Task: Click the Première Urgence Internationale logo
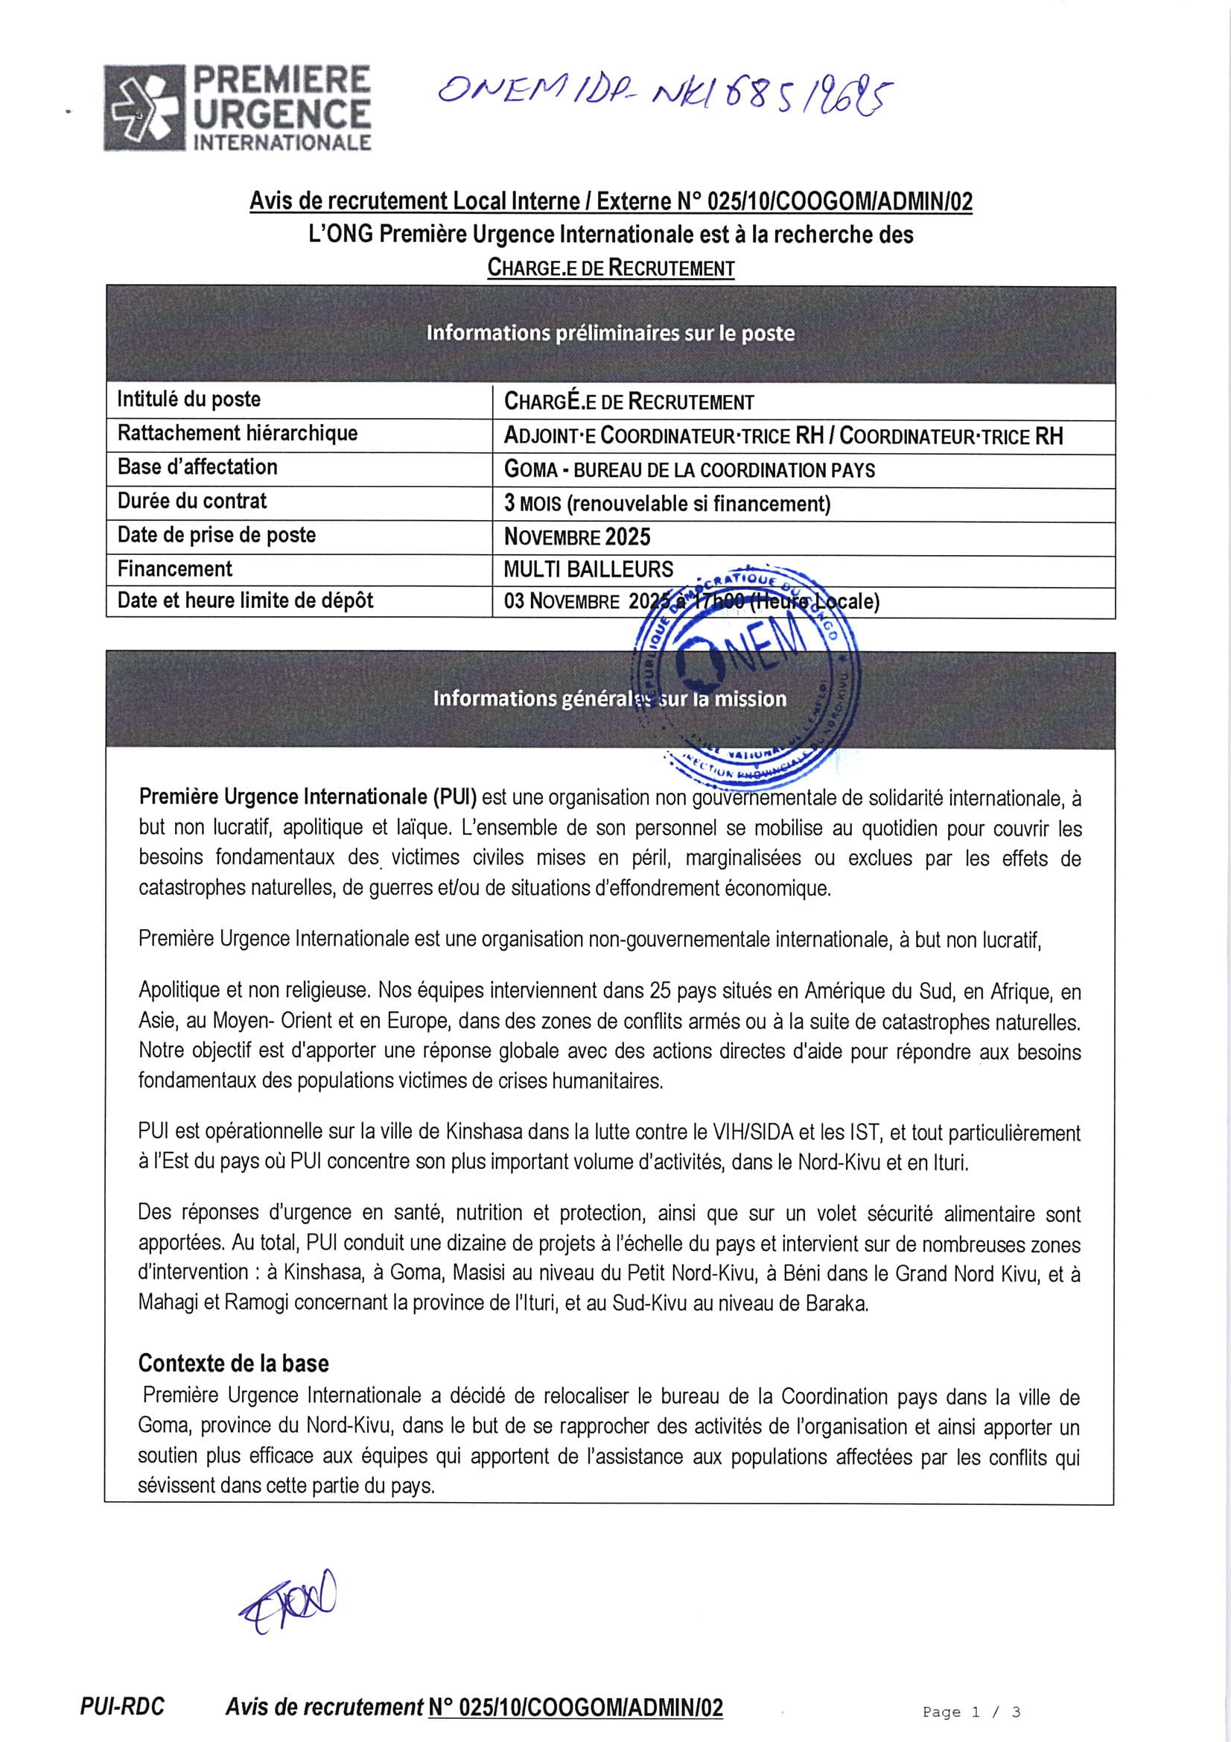coord(238,108)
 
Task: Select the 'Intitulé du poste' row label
coord(189,400)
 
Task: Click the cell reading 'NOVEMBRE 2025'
coord(577,537)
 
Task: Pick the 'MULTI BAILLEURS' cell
coord(588,569)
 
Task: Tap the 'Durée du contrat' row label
coord(192,501)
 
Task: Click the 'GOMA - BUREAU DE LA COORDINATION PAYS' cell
coord(689,469)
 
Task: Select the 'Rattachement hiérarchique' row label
coord(237,433)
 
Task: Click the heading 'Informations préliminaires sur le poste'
coord(611,333)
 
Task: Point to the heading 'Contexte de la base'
coord(233,1363)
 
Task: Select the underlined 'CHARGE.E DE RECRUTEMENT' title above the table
coord(611,267)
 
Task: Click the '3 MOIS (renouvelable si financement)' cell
coord(667,504)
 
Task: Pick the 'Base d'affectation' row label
coord(197,467)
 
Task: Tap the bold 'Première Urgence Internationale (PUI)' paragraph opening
coord(307,796)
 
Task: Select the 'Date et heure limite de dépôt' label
coord(245,601)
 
